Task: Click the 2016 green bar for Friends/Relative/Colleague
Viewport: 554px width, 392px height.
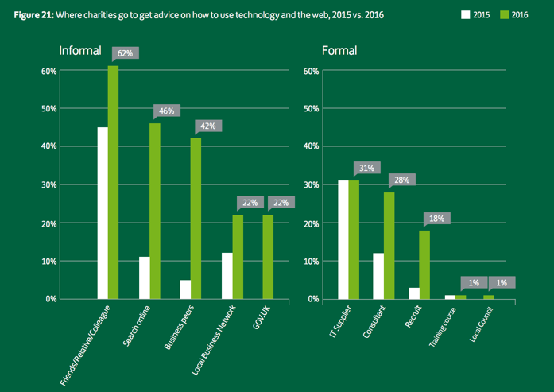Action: pos(114,182)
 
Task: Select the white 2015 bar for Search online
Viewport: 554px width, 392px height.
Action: pos(144,278)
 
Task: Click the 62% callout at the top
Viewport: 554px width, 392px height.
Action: pos(126,53)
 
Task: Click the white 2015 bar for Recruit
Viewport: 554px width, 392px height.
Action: pos(413,293)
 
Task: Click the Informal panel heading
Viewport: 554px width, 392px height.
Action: pos(80,51)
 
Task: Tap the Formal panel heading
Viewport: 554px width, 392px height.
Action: pos(339,51)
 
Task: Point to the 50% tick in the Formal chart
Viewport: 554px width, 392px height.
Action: pos(310,108)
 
